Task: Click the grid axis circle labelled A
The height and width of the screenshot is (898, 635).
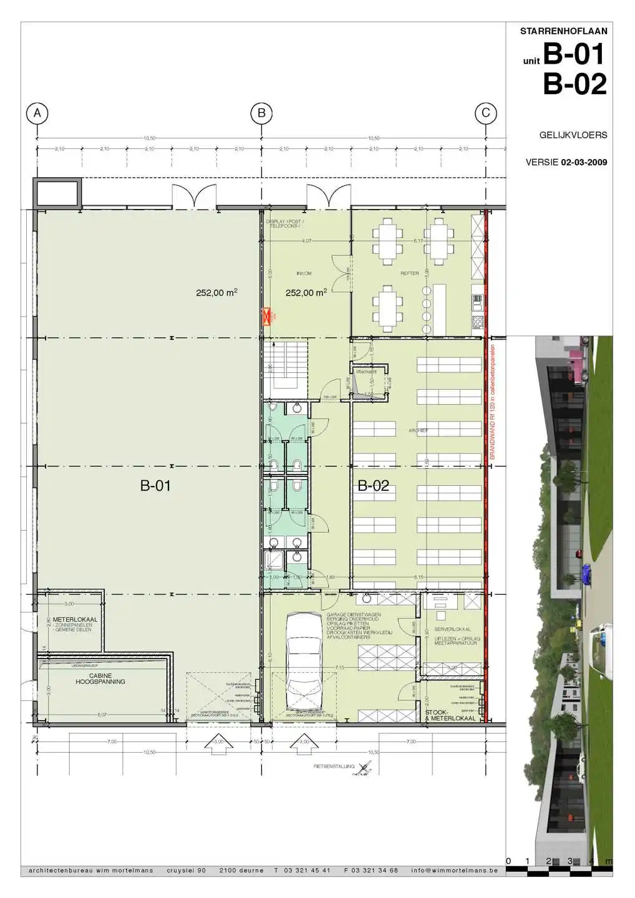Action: pos(37,113)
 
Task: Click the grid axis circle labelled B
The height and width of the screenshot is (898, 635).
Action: pos(261,113)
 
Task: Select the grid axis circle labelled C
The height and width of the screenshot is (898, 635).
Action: pos(486,113)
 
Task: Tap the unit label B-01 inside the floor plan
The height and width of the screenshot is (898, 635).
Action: pos(155,486)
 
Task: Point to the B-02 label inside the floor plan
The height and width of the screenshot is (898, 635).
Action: pos(373,486)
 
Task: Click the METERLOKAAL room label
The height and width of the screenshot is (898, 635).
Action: pos(75,620)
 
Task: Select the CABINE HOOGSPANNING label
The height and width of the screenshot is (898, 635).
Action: pos(100,678)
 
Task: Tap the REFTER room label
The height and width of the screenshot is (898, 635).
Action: pos(410,274)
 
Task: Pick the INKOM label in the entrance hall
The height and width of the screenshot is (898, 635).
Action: pos(304,274)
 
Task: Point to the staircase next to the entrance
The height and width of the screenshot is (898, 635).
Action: pos(285,369)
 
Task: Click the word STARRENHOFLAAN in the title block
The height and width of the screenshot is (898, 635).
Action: pos(563,31)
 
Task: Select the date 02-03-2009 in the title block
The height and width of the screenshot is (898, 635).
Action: pos(584,162)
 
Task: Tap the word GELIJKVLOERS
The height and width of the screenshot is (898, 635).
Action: pos(573,135)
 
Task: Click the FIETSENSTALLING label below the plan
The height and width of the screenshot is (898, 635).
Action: pos(334,766)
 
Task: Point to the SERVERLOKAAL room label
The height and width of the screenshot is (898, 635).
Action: pos(453,630)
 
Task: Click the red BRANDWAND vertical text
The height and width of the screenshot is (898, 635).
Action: pos(492,402)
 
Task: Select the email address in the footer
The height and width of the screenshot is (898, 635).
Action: pos(454,870)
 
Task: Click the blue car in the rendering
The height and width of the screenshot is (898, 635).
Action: pos(584,571)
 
